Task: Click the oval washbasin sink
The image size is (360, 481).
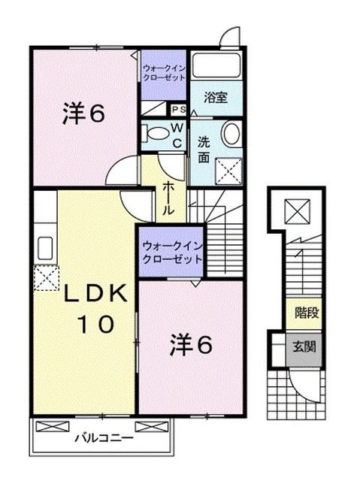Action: click(x=230, y=135)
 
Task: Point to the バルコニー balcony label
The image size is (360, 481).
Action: click(x=104, y=437)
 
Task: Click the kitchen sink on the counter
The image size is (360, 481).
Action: click(x=44, y=246)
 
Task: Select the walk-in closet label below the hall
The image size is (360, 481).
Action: click(x=172, y=251)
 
